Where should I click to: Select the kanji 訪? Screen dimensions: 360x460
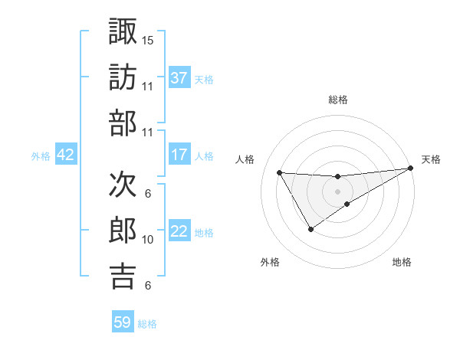[123, 77]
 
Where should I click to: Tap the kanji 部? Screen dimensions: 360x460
[123, 123]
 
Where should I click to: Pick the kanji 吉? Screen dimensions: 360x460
[123, 277]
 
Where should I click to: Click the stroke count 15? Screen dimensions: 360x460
[148, 39]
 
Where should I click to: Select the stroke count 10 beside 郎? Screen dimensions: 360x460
[148, 240]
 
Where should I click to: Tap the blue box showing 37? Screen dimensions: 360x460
[179, 77]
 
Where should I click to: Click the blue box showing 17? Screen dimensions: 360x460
[179, 155]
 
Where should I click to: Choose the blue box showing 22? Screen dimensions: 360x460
[179, 231]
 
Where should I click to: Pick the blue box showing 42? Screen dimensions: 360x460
[66, 155]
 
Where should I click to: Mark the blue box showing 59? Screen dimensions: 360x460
[123, 322]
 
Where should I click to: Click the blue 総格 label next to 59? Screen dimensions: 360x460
[147, 324]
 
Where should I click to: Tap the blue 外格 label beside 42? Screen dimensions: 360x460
[41, 156]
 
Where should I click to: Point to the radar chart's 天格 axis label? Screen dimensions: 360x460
[431, 159]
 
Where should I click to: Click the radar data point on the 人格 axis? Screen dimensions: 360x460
[279, 172]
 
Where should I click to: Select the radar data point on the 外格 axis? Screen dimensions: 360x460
[310, 229]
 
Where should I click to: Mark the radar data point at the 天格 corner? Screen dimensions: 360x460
[411, 169]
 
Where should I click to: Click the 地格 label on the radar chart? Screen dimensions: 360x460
[402, 262]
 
